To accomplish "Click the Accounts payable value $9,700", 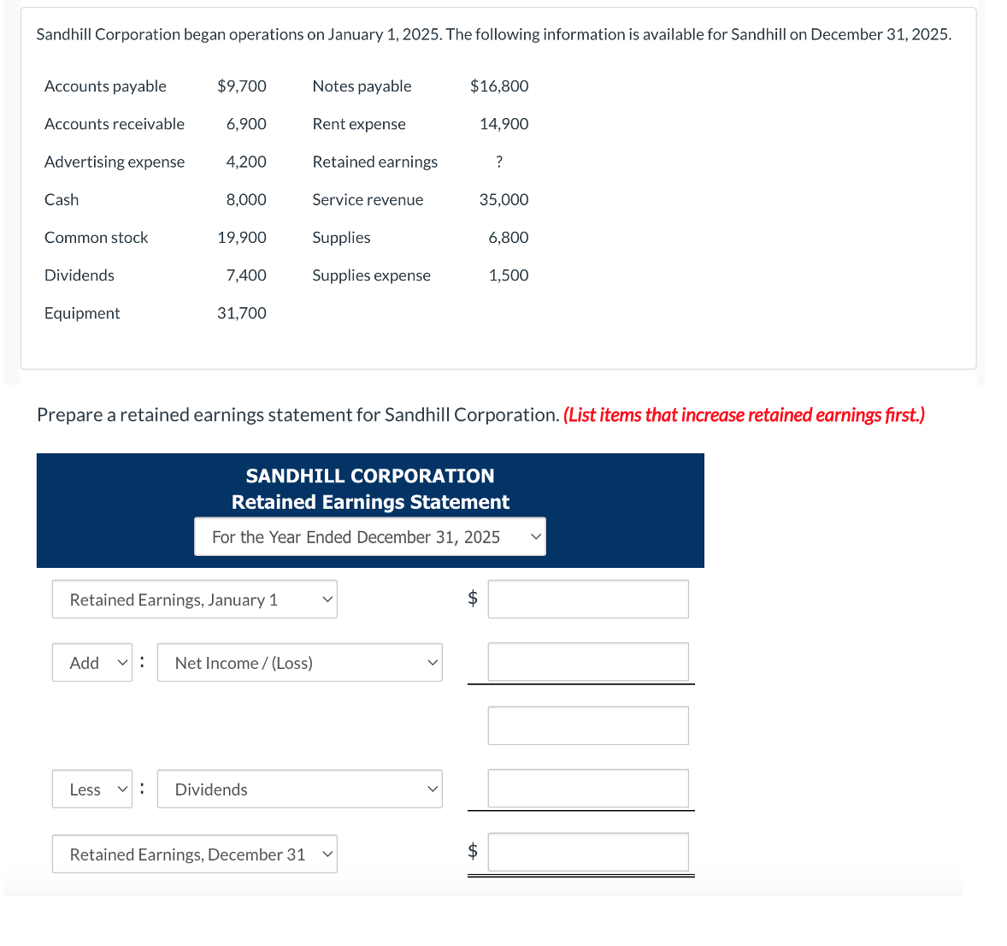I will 242,86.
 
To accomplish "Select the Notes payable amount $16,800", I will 499,86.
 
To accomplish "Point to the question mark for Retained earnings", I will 499,162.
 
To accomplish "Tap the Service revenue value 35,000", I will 503,199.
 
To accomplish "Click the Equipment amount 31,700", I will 242,313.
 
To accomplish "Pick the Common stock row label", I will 96,238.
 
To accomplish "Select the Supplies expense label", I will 371,275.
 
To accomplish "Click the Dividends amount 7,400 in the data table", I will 246,275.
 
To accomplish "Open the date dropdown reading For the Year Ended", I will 369,537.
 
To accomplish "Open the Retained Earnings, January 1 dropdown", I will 195,600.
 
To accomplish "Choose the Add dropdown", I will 92,663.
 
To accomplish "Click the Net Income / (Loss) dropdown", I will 300,663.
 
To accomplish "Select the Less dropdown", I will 92,789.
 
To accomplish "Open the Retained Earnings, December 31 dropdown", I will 195,854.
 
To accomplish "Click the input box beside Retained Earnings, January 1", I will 588,600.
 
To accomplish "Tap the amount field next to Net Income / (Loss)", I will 588,662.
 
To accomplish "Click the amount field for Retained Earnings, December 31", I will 588,852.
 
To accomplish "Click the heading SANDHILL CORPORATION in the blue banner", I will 370,476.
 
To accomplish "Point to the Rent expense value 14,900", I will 503,124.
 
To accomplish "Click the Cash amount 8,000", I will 246,199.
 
